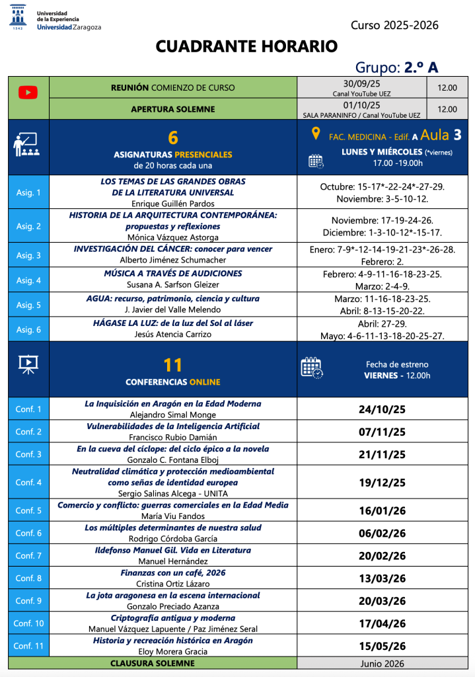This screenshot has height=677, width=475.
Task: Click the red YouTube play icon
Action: [28, 93]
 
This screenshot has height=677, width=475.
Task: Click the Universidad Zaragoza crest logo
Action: [18, 19]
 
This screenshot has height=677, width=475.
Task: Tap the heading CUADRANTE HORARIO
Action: [246, 46]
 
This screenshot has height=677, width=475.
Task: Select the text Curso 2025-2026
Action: [394, 26]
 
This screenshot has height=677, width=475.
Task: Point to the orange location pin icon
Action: [316, 134]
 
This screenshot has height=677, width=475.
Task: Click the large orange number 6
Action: [173, 138]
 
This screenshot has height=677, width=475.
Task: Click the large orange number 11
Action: [172, 365]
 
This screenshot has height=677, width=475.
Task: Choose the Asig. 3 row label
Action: [28, 255]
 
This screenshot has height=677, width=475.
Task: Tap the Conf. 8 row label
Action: [28, 578]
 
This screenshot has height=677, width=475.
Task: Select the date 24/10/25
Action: [382, 409]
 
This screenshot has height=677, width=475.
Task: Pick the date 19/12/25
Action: [382, 483]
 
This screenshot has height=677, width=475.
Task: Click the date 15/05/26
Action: [382, 646]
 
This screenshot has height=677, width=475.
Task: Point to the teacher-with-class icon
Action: [26, 145]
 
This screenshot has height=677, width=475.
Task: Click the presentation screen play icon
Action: [28, 363]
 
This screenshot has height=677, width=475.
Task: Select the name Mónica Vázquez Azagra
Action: [173, 236]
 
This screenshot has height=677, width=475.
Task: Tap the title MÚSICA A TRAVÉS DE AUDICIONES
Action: [173, 273]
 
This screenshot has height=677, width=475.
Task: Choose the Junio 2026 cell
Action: [382, 663]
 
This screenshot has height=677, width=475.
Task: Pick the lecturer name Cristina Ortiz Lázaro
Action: [173, 584]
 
